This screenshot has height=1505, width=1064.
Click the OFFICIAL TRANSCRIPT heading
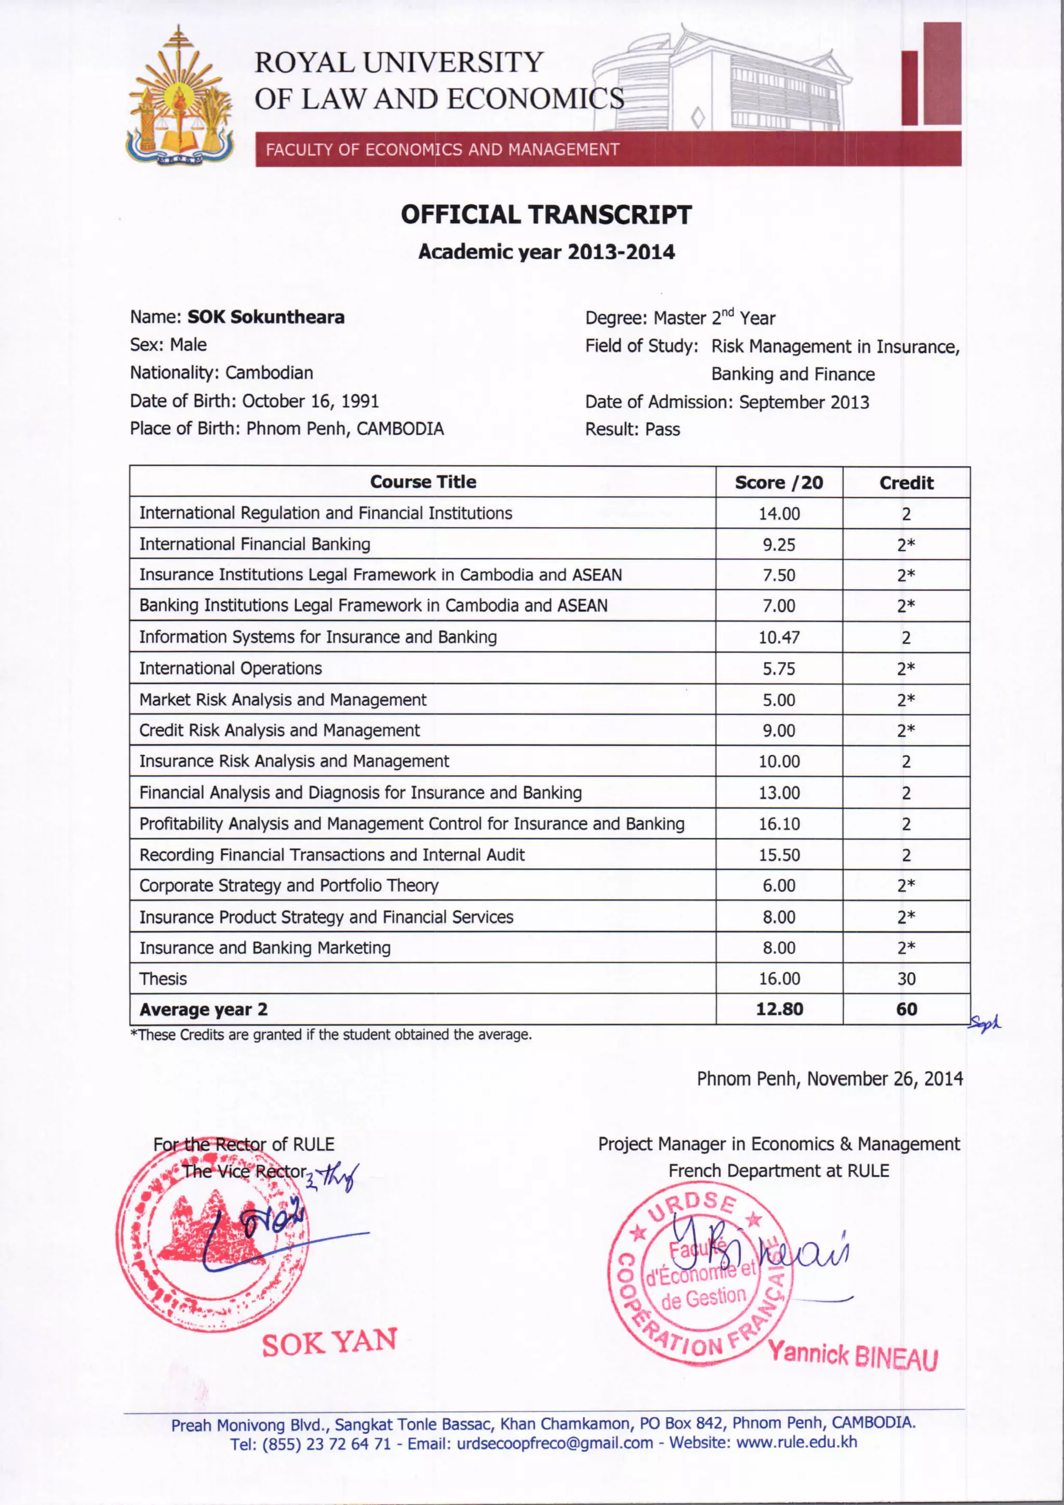pos(546,215)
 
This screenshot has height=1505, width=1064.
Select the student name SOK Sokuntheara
pos(265,317)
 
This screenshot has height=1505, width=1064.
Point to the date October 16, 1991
pos(310,400)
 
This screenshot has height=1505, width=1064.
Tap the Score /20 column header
pos(778,482)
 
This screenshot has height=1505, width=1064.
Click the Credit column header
pos(906,483)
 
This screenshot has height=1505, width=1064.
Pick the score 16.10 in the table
pos(779,824)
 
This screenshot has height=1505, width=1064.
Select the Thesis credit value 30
pos(906,978)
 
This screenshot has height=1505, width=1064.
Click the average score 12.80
pos(779,1009)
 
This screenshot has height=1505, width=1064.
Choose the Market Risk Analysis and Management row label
pos(283,700)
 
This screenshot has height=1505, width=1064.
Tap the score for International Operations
pos(779,668)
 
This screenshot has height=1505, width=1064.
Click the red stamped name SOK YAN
pos(329,1342)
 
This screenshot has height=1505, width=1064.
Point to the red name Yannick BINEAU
pos(853,1355)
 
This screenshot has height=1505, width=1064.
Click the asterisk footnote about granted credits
pos(331,1034)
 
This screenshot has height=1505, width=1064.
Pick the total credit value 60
pos(906,1009)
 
